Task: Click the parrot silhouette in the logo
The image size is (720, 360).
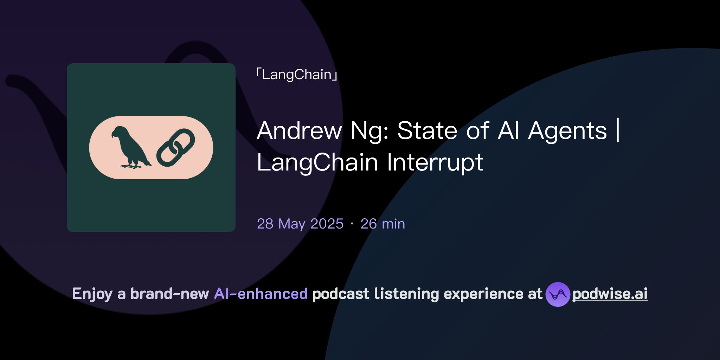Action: point(130,148)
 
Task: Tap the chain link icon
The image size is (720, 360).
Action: point(175,147)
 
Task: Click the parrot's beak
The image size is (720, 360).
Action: point(114,134)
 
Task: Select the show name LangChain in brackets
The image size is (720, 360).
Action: point(297,75)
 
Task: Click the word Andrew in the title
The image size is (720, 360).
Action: point(299,131)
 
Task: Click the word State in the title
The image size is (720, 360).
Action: point(427,131)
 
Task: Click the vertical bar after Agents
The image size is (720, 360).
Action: point(618,131)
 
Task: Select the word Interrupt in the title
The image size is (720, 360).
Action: point(435,162)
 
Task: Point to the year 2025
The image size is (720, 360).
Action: point(327,224)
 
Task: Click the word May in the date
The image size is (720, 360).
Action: point(292,224)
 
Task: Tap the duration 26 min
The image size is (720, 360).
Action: point(382,224)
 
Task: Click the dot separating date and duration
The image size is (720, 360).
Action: point(352,224)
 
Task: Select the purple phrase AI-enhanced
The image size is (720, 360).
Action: point(261,294)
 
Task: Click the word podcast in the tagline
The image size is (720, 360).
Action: point(341,294)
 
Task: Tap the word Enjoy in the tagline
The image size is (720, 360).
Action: point(92,294)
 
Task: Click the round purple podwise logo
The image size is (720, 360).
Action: point(558,294)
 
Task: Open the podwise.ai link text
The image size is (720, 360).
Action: point(610,294)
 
